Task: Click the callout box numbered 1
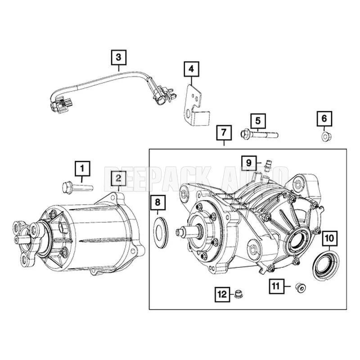click(82, 169)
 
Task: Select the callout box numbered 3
click(118, 57)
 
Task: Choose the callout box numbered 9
click(248, 161)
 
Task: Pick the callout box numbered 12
click(222, 295)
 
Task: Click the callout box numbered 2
click(118, 178)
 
